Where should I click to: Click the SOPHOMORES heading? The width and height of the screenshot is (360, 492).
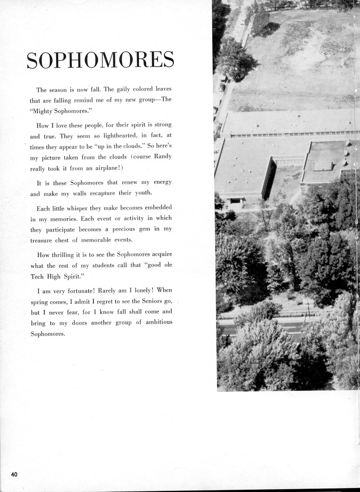100,61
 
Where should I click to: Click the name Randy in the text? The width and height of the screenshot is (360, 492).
163,157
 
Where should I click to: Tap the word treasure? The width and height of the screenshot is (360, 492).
42,240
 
